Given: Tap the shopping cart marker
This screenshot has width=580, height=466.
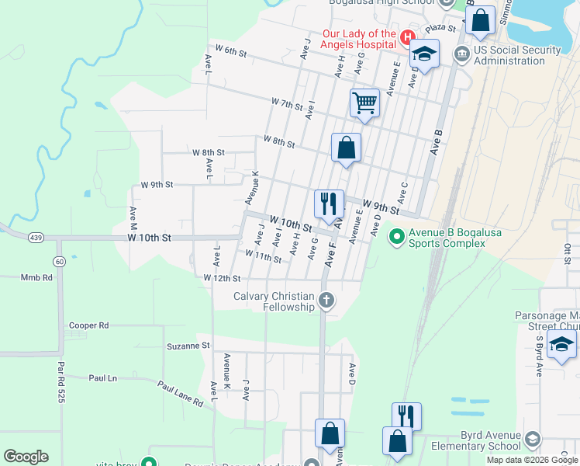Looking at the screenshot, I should click(x=364, y=103).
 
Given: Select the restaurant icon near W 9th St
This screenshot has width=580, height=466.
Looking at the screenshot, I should click(x=329, y=203).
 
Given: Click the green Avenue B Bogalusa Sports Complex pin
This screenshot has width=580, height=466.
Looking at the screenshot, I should click(x=396, y=234).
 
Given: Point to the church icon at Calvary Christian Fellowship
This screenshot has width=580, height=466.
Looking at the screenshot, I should click(x=326, y=300).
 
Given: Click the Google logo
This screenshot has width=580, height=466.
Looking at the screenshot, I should click(x=26, y=456).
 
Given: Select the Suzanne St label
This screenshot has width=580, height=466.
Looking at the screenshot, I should click(x=188, y=346).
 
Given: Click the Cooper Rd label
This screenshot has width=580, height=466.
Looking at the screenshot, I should click(x=88, y=326).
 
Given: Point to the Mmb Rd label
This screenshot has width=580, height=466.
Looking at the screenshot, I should click(x=36, y=277).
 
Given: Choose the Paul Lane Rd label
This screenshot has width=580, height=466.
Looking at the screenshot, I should click(x=180, y=394).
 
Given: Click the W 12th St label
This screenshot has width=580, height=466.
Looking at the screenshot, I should click(x=222, y=278).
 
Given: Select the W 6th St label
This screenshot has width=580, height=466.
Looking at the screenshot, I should click(x=230, y=54).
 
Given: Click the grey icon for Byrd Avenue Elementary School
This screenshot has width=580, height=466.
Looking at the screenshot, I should click(x=533, y=440).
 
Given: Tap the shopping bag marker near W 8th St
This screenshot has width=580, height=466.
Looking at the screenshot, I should click(x=346, y=147).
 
